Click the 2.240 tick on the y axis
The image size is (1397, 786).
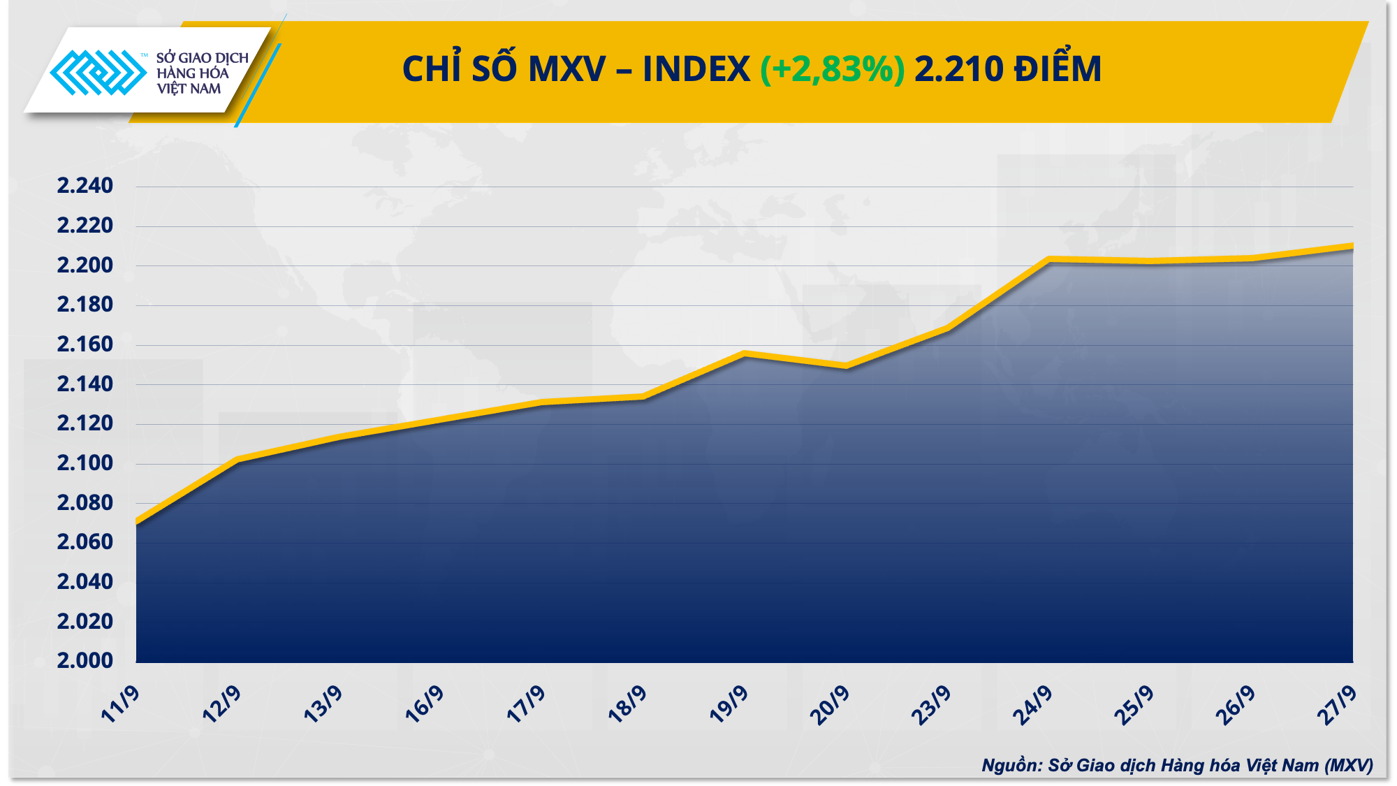[85, 186]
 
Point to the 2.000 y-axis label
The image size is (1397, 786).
[85, 660]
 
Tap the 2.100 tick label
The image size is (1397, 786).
[85, 463]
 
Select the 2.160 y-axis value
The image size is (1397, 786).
[85, 344]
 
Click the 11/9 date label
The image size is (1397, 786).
[121, 704]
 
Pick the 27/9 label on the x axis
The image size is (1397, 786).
[1337, 704]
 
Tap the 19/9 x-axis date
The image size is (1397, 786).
[729, 704]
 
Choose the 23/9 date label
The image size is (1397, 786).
[932, 704]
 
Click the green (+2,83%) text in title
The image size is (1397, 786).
[832, 69]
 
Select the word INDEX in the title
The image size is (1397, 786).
[696, 69]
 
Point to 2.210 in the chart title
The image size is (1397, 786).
[958, 69]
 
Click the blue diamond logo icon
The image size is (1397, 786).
[98, 72]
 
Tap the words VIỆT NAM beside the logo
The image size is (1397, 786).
[189, 89]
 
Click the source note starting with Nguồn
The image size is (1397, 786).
[1177, 765]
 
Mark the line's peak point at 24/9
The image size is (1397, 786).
[1049, 259]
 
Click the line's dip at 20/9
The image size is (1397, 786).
[847, 365]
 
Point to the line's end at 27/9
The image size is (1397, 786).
[1352, 246]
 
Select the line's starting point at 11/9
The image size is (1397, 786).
[137, 522]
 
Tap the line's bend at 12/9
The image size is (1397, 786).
[238, 460]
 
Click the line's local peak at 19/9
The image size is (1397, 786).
[745, 354]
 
